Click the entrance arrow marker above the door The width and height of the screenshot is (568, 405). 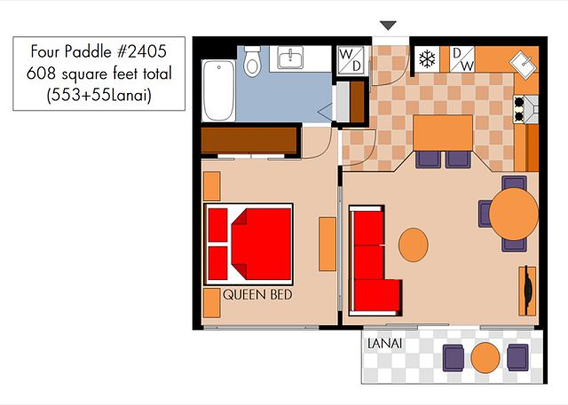(388, 26)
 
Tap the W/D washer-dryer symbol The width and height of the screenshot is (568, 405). (351, 60)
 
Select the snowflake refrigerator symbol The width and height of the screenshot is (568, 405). (427, 59)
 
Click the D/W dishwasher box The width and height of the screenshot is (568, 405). (461, 59)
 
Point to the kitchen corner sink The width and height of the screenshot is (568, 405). (523, 64)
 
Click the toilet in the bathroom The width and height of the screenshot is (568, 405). (252, 61)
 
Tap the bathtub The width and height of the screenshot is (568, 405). (218, 90)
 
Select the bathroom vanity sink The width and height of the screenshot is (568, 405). (290, 58)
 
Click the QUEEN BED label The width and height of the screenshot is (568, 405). (257, 295)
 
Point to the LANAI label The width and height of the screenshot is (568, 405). (384, 344)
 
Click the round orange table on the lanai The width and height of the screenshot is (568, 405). (485, 358)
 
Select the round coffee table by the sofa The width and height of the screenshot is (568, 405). (414, 245)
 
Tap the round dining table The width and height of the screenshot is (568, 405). (514, 214)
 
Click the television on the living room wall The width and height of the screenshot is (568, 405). (528, 291)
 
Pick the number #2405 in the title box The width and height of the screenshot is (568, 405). (142, 51)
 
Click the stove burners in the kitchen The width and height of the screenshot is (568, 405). (519, 109)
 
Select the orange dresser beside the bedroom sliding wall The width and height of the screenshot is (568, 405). (327, 244)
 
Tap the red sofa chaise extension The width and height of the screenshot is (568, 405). (378, 295)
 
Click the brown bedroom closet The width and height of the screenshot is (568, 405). (249, 140)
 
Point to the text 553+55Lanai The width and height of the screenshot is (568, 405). (99, 95)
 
